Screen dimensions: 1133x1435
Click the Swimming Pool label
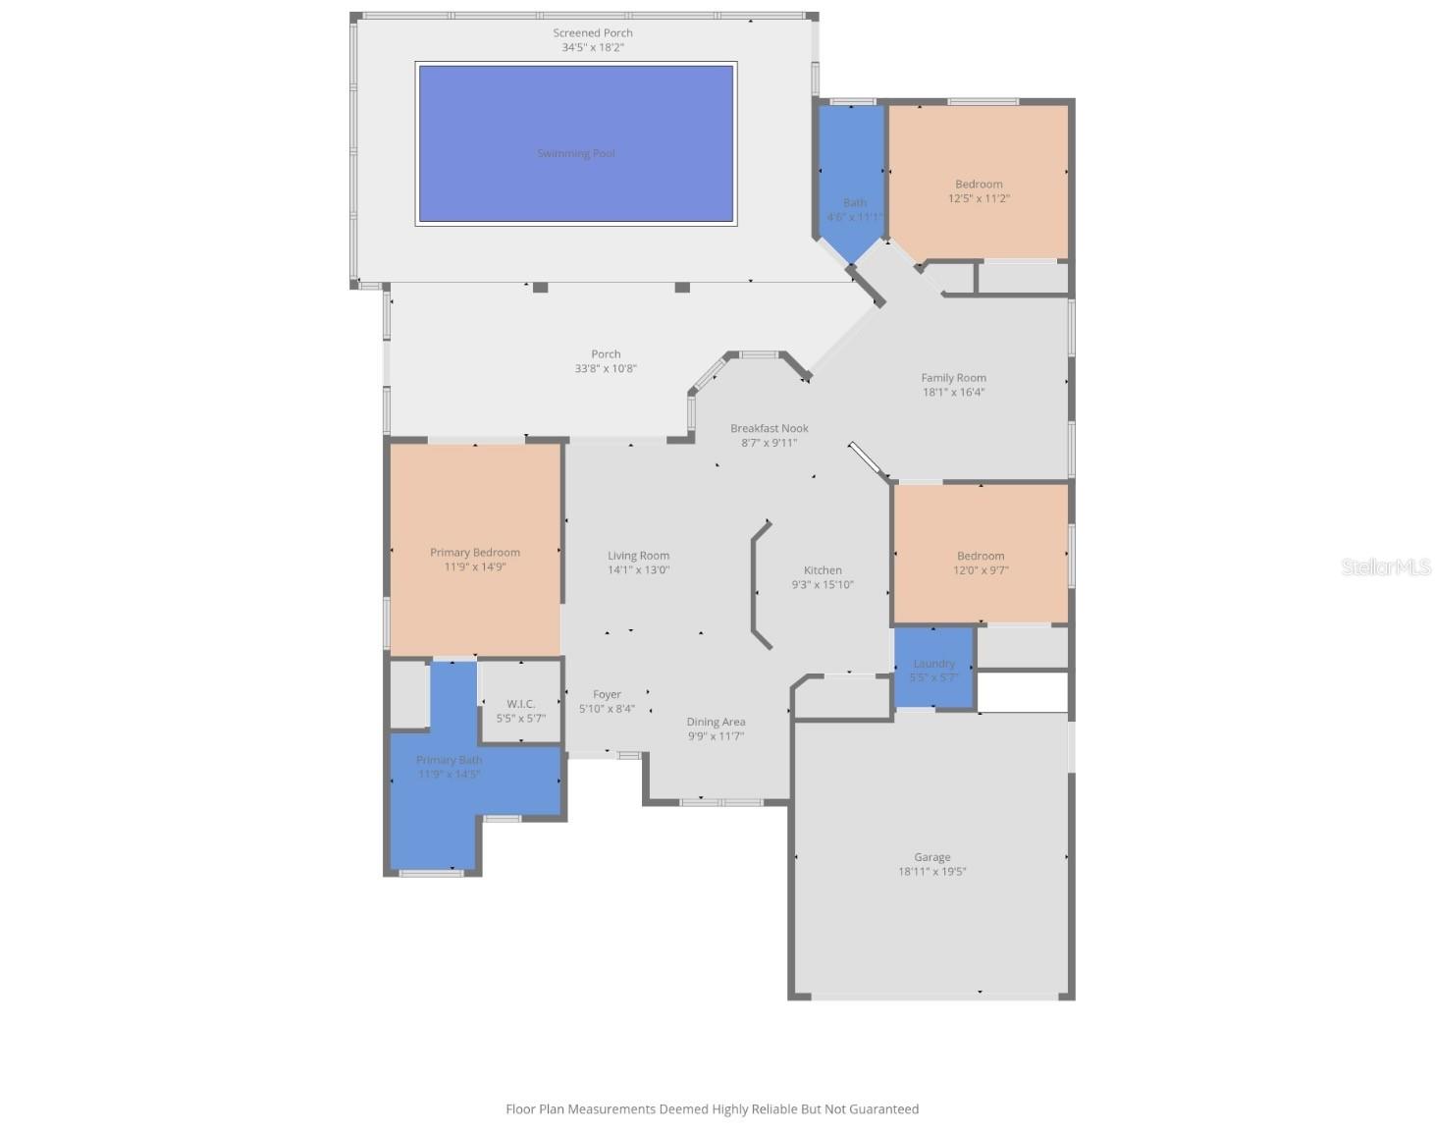[576, 153]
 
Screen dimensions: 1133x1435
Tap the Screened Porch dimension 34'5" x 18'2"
[593, 47]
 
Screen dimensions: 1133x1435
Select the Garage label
[931, 857]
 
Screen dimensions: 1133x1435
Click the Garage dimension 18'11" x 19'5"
[931, 872]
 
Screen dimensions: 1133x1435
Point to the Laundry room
[933, 669]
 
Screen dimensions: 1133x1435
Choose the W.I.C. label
[520, 704]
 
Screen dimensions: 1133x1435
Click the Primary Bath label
[449, 760]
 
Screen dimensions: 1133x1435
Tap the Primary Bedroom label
[475, 553]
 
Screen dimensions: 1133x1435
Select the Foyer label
[607, 694]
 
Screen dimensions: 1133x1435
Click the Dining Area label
[716, 722]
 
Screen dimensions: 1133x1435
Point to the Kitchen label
[823, 570]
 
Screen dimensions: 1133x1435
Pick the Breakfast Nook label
[770, 428]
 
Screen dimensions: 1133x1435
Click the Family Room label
[953, 378]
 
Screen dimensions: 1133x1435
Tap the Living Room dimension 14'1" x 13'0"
[638, 570]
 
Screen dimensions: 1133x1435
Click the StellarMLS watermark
[1386, 566]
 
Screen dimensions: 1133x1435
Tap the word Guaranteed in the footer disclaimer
[877, 1109]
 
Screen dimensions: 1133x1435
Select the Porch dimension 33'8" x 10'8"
[606, 369]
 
